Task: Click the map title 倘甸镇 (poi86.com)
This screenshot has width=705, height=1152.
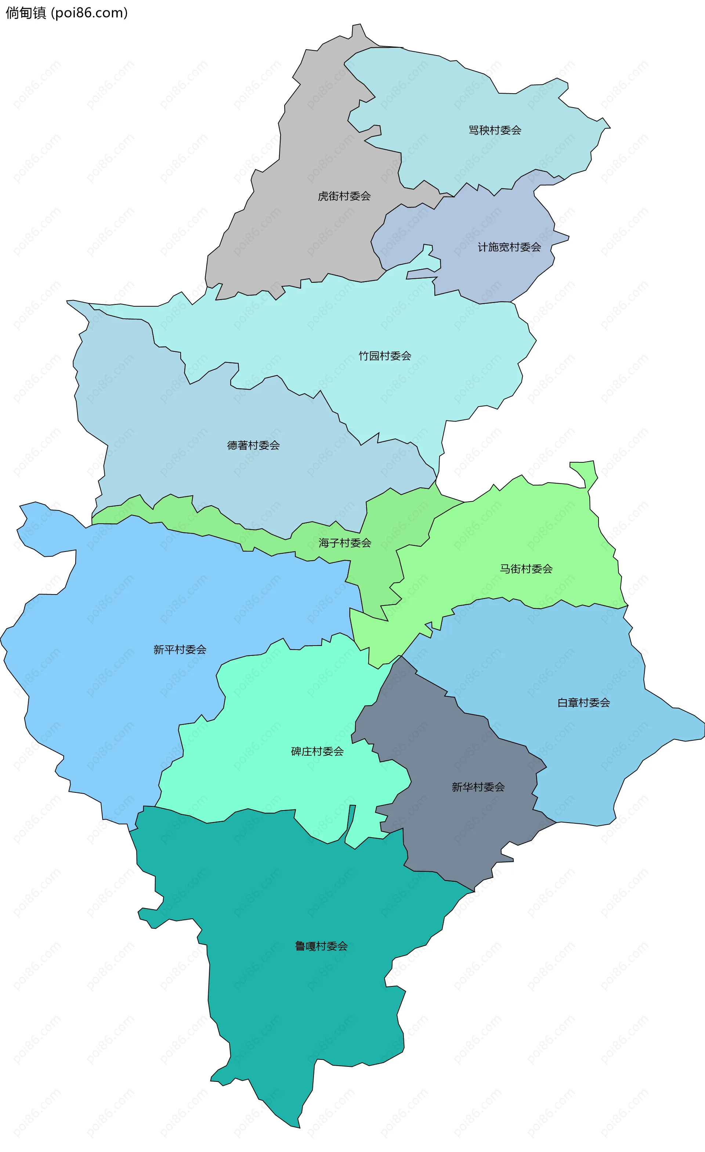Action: (66, 12)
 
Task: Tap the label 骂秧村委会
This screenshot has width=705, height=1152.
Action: (495, 130)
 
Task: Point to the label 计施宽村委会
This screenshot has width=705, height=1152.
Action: (509, 247)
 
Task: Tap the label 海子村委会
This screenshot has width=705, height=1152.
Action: (344, 543)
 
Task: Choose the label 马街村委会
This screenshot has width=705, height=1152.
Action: (526, 569)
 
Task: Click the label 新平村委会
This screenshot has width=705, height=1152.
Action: (180, 649)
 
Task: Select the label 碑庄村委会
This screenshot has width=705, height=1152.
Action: (317, 751)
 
